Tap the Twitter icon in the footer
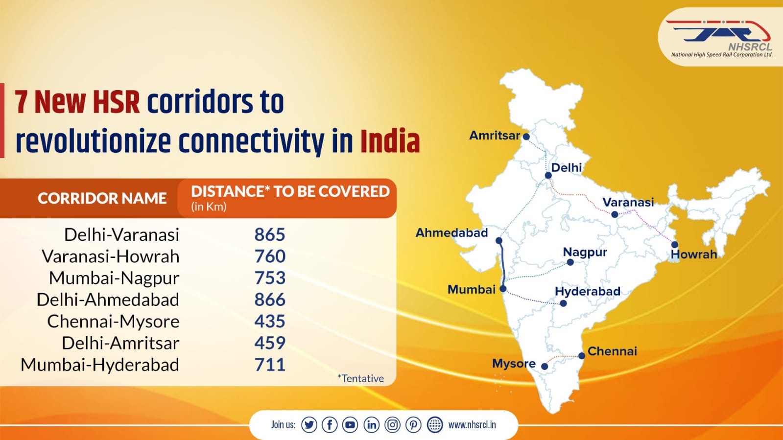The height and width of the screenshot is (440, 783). (x=309, y=425)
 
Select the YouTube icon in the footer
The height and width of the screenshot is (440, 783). (x=350, y=425)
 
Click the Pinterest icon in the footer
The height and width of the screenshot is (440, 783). (x=413, y=425)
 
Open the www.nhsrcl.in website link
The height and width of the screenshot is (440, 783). (x=472, y=425)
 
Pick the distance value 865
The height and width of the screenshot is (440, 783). (x=269, y=234)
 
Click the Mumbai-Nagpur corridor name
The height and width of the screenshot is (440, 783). (x=114, y=278)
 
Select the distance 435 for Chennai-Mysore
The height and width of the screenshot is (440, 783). (x=269, y=321)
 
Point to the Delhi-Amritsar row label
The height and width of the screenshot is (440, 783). (x=120, y=343)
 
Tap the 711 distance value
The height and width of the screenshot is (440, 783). (x=269, y=365)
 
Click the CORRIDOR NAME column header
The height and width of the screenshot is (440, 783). (x=102, y=198)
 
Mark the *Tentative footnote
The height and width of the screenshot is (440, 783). (x=360, y=378)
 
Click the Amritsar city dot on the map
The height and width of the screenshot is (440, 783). (x=526, y=137)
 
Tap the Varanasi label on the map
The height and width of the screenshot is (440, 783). (x=628, y=202)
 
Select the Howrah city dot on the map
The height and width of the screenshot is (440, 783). (x=675, y=245)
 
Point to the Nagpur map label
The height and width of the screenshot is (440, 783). (x=585, y=253)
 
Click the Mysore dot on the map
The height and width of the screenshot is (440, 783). (x=544, y=366)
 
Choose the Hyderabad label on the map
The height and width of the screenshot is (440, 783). (x=588, y=292)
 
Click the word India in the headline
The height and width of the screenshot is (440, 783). (x=390, y=142)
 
